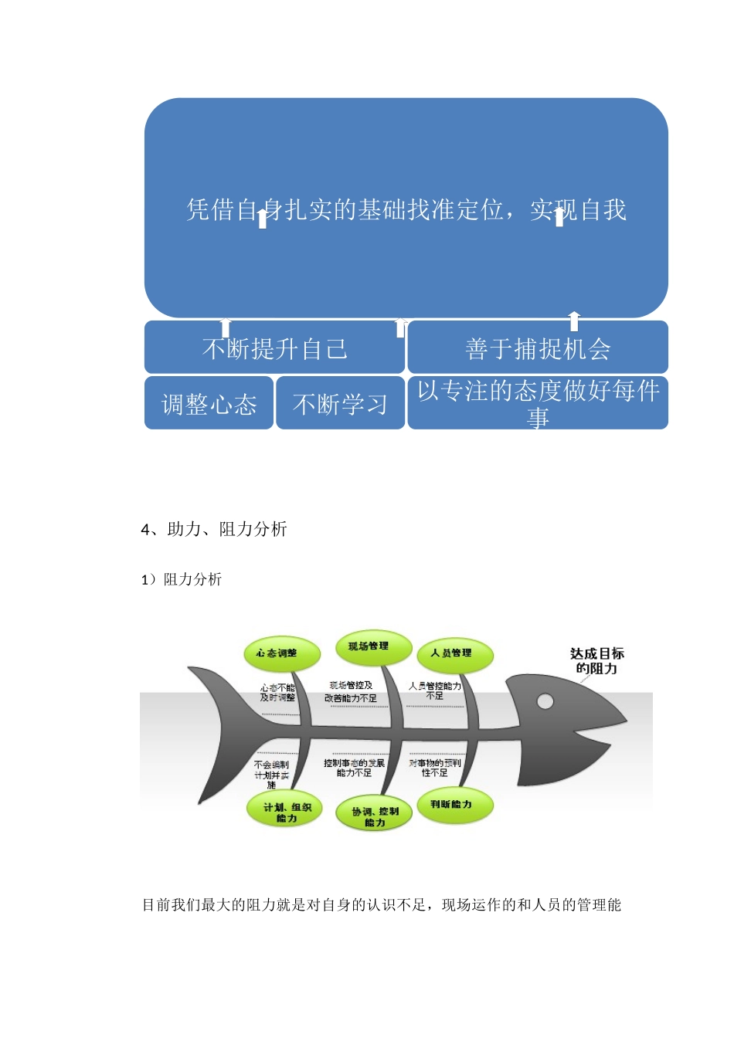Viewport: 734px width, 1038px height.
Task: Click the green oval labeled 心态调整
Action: coord(276,653)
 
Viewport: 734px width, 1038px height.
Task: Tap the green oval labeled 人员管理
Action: coord(454,653)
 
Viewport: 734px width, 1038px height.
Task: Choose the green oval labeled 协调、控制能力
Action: coord(375,816)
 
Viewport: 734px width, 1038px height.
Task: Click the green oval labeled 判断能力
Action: coord(452,805)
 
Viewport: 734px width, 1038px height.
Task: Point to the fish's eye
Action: coord(545,701)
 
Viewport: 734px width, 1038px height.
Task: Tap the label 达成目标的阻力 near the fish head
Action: coord(596,661)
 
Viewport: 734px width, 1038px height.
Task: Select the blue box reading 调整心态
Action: coord(209,403)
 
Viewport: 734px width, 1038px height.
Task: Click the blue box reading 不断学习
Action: coord(340,403)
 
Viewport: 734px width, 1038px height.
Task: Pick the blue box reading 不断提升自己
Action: coord(274,349)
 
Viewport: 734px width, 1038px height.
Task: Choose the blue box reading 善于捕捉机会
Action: coord(538,349)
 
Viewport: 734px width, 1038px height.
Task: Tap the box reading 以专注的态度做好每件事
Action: coord(538,403)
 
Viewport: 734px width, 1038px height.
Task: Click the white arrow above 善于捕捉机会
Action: coord(573,321)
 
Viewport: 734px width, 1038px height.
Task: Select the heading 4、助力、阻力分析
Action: coord(214,529)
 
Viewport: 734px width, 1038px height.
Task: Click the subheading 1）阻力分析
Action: coord(182,579)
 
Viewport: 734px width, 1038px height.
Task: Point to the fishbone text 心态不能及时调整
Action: coord(277,692)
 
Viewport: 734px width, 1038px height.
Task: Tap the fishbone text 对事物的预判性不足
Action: coord(435,768)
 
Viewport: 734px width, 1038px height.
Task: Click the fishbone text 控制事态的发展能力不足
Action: coord(354,768)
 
